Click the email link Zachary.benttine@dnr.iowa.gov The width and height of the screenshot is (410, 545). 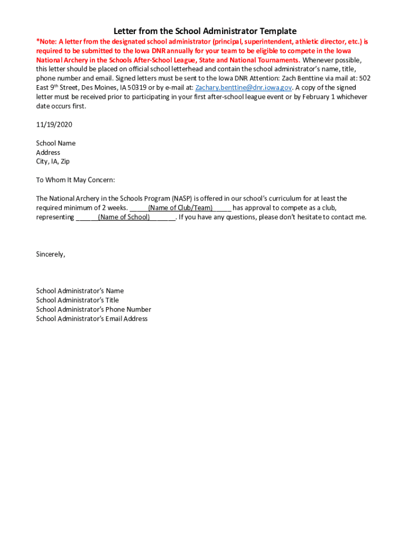pos(243,88)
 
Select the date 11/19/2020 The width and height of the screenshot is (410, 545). pos(54,125)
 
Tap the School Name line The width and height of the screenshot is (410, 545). pos(55,143)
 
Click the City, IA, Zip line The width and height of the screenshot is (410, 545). pos(53,161)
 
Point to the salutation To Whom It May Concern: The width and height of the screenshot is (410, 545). pos(75,180)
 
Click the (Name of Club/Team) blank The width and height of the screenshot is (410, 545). pos(181,208)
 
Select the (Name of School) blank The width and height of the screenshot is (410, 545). pos(124,217)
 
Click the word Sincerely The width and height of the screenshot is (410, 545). pos(50,254)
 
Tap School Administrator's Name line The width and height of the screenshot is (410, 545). pos(80,291)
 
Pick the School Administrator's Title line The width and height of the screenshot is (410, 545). pos(77,300)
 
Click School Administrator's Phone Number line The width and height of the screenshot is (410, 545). pos(93,309)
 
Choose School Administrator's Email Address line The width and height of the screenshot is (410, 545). pos(92,319)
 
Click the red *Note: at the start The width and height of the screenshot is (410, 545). pos(46,42)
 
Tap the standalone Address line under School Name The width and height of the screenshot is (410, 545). pos(48,152)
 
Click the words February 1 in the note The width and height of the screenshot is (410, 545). pos(310,97)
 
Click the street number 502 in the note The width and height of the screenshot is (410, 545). pos(365,78)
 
